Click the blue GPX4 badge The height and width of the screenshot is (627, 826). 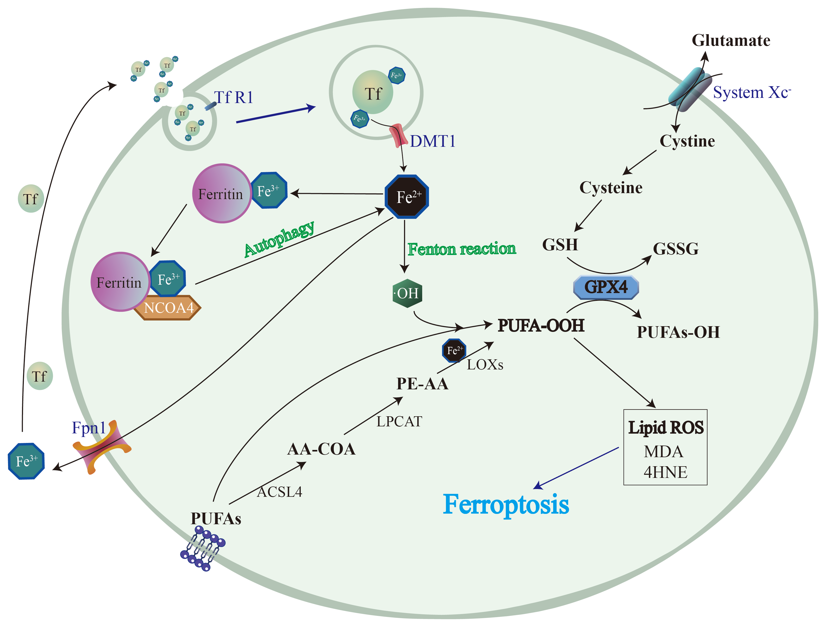click(606, 287)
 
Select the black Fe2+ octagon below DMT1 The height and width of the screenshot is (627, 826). click(407, 196)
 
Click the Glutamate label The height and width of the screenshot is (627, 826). click(731, 40)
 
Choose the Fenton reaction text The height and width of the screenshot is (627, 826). click(462, 249)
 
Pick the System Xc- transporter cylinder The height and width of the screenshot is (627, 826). click(689, 90)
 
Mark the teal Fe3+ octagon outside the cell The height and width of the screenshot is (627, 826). click(26, 461)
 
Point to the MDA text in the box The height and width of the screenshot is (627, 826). click(663, 452)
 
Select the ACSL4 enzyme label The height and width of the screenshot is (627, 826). click(279, 492)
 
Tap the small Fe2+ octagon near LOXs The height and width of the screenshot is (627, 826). click(454, 350)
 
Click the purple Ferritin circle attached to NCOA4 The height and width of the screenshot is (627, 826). click(120, 282)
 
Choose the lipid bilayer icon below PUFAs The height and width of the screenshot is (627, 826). click(203, 549)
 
